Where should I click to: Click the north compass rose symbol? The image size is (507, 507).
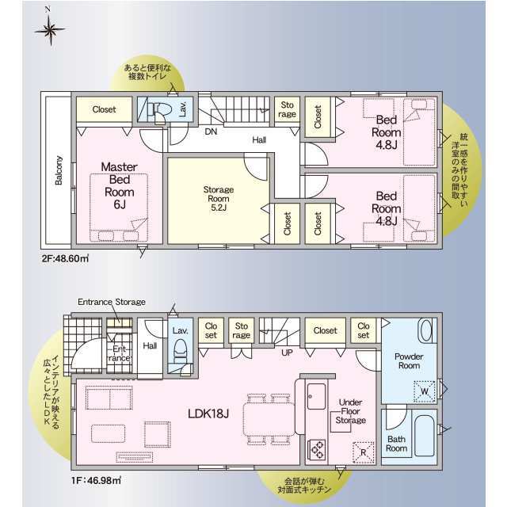click(x=49, y=29)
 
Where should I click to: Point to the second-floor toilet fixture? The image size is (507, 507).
click(x=158, y=110)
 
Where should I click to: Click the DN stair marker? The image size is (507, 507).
click(x=211, y=132)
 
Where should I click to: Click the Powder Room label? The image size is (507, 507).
click(x=410, y=361)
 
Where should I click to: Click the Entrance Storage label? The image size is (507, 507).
click(x=112, y=303)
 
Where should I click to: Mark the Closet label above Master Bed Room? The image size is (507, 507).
click(x=104, y=110)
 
